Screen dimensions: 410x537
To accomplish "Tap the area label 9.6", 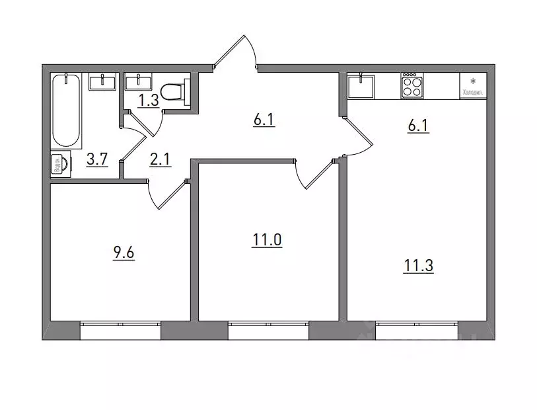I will pyautogui.click(x=124, y=254).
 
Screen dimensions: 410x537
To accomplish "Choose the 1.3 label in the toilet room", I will pyautogui.click(x=149, y=101).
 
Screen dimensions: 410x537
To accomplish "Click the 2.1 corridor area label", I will pyautogui.click(x=160, y=159).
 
